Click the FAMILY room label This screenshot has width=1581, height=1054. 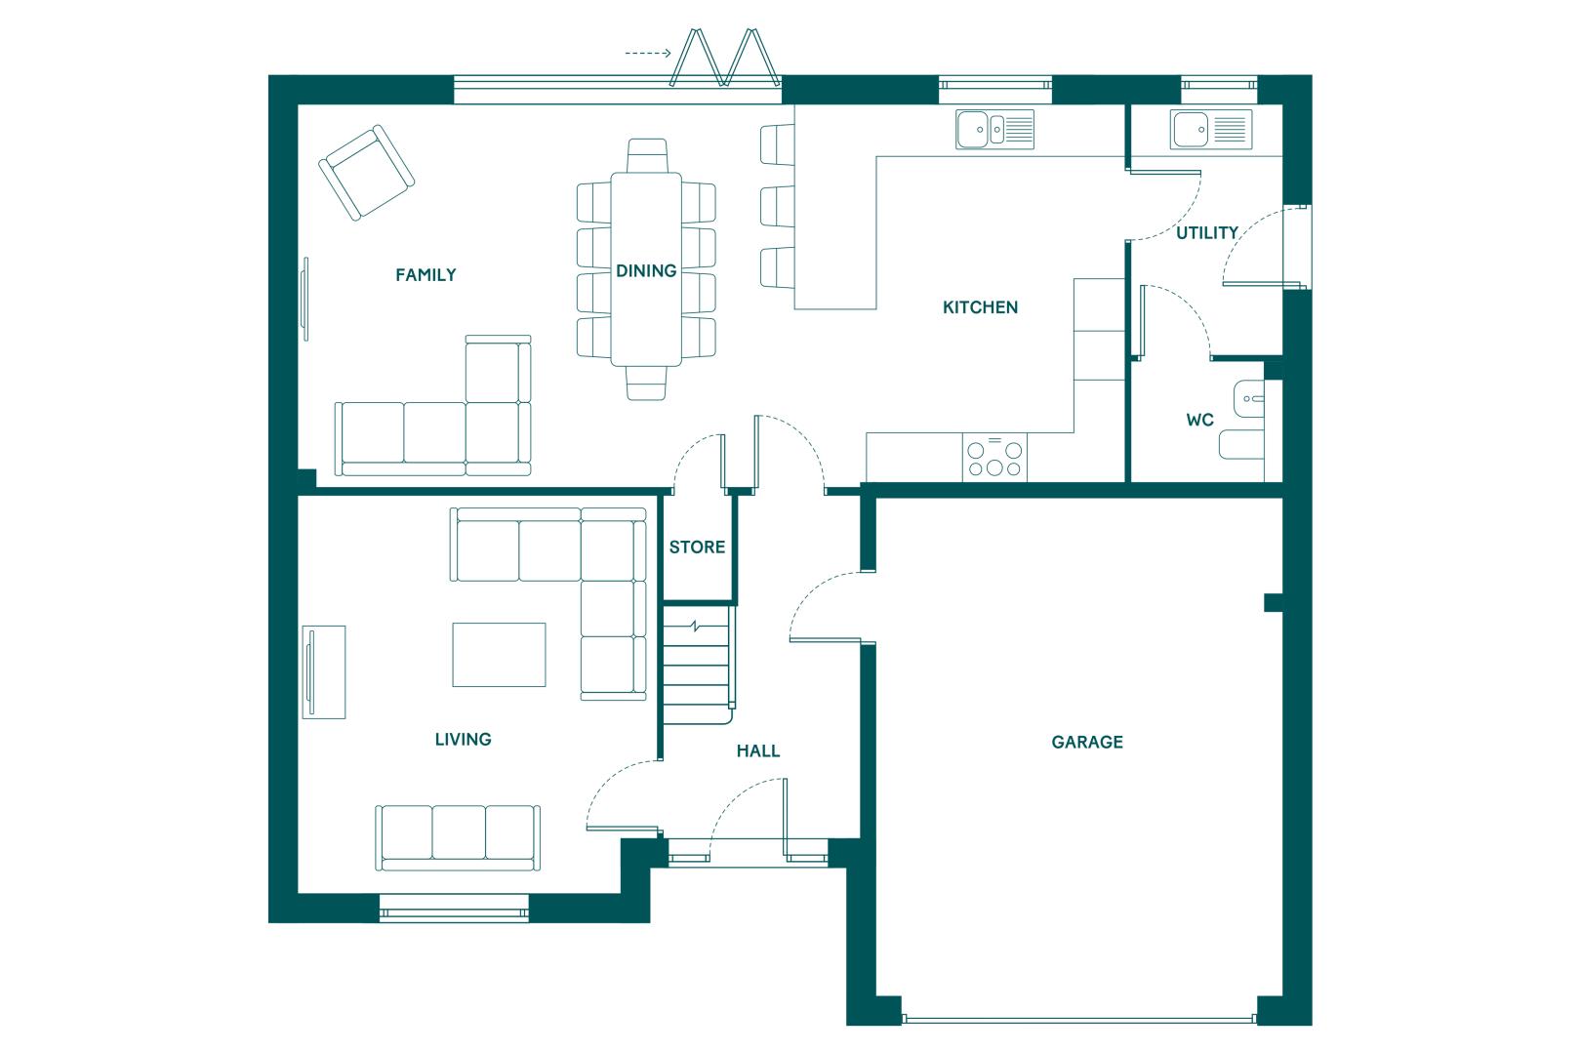tap(426, 274)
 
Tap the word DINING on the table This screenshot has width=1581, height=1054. tap(646, 270)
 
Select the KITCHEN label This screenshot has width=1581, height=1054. tap(981, 307)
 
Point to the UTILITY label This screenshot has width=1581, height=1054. tap(1207, 233)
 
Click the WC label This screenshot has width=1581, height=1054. tap(1199, 420)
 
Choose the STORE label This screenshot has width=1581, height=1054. tap(698, 547)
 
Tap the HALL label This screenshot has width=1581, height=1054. tap(758, 751)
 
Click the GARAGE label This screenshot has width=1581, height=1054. tap(1087, 742)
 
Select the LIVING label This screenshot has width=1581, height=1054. tap(463, 739)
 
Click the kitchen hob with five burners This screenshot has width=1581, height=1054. tap(994, 458)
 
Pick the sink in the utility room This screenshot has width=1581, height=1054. tap(1211, 129)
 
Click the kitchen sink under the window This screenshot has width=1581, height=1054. tap(995, 129)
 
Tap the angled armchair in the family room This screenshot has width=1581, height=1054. tap(366, 173)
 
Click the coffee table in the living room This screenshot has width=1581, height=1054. tap(499, 655)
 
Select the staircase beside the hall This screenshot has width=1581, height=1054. tap(698, 665)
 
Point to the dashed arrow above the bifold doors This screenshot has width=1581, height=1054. tap(648, 53)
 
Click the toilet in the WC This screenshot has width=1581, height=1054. tap(1241, 445)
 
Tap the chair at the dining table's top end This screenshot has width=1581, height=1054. tap(647, 155)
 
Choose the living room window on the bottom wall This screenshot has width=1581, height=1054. tap(454, 908)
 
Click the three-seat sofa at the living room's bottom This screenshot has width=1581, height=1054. tap(458, 837)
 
